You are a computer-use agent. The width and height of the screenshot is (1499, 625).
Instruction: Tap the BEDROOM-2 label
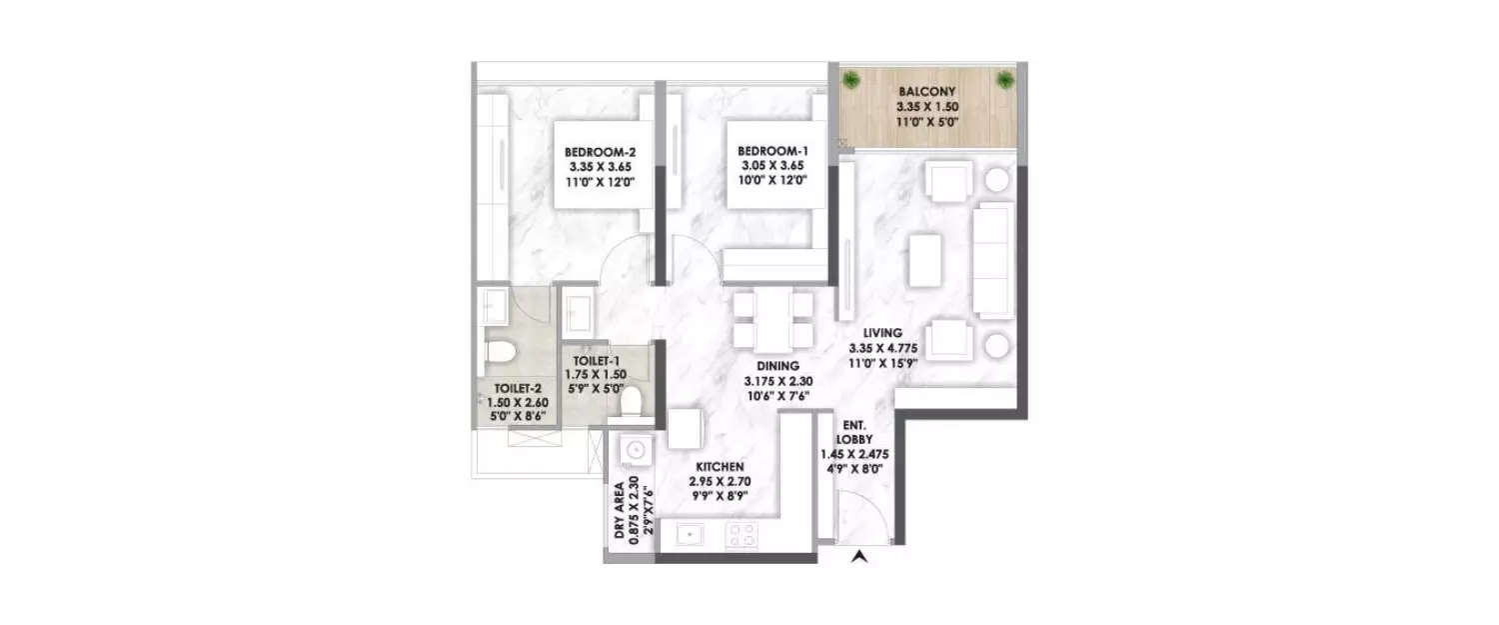[597, 153]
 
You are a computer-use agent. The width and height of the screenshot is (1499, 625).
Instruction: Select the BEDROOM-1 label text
[766, 153]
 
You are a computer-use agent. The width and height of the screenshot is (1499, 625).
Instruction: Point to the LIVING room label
[883, 332]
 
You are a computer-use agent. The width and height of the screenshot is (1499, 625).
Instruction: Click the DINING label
[774, 366]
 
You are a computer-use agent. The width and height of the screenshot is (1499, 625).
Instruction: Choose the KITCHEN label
[720, 466]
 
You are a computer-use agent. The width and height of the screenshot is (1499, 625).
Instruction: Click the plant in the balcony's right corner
[1003, 80]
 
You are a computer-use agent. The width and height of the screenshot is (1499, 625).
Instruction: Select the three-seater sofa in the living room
[993, 260]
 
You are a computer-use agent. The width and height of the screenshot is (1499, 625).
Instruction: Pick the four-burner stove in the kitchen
[741, 535]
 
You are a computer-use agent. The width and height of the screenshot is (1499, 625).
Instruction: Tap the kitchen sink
[689, 535]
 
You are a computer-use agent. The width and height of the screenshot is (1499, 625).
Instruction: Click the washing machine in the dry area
[633, 451]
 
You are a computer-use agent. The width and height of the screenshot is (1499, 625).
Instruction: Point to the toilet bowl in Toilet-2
[498, 352]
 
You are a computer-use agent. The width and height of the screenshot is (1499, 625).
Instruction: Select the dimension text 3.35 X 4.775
[883, 348]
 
